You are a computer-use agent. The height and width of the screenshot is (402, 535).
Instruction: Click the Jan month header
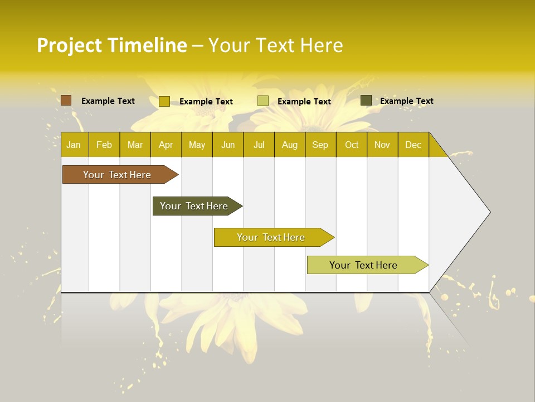pyautogui.click(x=74, y=145)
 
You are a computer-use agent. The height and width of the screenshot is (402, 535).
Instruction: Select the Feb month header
pyautogui.click(x=104, y=145)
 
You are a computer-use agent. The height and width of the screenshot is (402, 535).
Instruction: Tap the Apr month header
pyautogui.click(x=166, y=145)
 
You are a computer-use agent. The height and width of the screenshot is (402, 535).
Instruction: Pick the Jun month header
pyautogui.click(x=228, y=145)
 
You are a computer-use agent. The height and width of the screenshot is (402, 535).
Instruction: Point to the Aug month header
pyautogui.click(x=289, y=145)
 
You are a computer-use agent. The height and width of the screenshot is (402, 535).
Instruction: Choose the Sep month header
pyautogui.click(x=320, y=145)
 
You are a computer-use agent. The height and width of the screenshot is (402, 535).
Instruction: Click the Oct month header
pyautogui.click(x=352, y=145)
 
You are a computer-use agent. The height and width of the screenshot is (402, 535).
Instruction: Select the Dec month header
pyautogui.click(x=413, y=145)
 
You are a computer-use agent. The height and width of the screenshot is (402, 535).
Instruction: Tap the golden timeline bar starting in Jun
pyautogui.click(x=271, y=237)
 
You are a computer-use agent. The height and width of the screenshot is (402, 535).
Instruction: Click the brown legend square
pyautogui.click(x=66, y=100)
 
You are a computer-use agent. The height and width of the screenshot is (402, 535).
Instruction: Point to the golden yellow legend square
pyautogui.click(x=164, y=101)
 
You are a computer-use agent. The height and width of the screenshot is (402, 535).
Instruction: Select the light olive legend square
pyautogui.click(x=263, y=101)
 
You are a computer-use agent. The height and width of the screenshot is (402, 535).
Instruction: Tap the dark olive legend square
pyautogui.click(x=366, y=100)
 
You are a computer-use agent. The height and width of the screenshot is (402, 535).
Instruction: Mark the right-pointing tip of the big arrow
pyautogui.click(x=489, y=212)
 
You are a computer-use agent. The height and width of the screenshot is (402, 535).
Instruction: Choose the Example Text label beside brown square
pyautogui.click(x=108, y=101)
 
